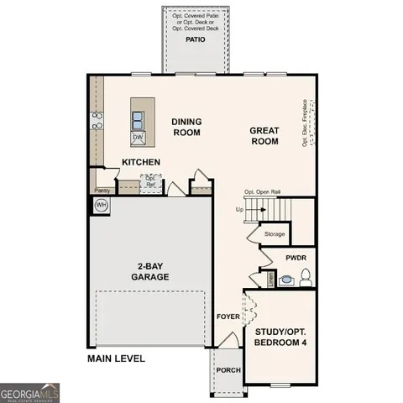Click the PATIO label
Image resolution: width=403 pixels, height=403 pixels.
coord(196,39)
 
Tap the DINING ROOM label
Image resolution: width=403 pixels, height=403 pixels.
coord(187,127)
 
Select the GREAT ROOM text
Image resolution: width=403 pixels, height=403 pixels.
coord(263,136)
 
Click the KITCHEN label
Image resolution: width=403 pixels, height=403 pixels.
coord(141,162)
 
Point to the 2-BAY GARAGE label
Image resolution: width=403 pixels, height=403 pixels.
coord(153,271)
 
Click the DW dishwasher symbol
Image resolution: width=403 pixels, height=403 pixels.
coord(137,137)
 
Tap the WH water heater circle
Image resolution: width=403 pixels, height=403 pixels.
coord(101,205)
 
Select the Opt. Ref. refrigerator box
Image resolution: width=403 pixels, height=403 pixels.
coord(151,181)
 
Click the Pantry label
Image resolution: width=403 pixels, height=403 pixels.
coord(102,191)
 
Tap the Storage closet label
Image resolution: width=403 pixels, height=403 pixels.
coord(274,234)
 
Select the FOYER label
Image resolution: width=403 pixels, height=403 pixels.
coord(228,317)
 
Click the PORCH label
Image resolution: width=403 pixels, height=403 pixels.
coord(228,370)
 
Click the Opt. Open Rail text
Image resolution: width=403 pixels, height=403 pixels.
coord(262,192)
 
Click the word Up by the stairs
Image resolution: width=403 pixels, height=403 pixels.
coord(238,209)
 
